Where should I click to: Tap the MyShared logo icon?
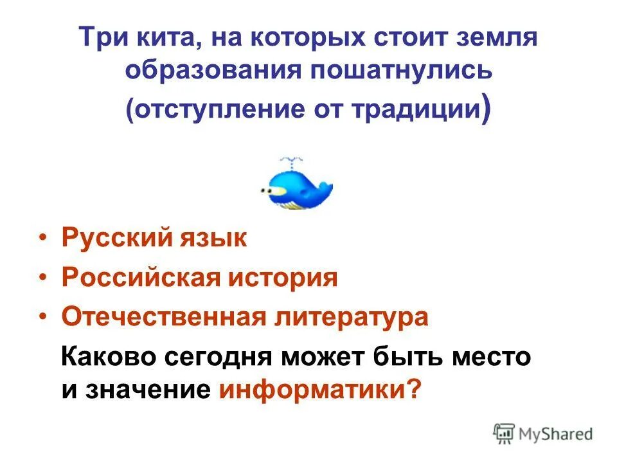(504, 432)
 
